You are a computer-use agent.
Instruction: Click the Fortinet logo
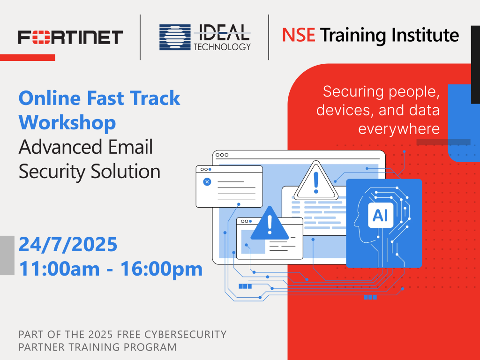[x=70, y=37]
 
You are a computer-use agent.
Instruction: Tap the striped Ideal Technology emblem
[x=175, y=37]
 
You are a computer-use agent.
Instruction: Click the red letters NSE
[x=299, y=35]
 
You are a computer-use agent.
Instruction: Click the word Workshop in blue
[x=67, y=122]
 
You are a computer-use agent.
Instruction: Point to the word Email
[x=130, y=147]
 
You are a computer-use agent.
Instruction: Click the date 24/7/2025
[x=68, y=244]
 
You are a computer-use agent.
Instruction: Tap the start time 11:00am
[x=60, y=269]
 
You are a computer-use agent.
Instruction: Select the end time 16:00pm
[x=162, y=269]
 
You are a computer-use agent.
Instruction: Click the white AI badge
[x=381, y=215]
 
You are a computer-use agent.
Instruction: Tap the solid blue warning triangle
[x=270, y=224]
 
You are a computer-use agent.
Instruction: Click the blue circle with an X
[x=207, y=182]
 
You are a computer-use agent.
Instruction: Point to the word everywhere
[x=399, y=129]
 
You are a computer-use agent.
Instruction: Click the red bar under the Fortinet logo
[x=28, y=58]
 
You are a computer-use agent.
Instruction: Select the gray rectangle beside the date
[x=7, y=255]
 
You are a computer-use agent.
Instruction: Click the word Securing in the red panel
[x=352, y=92]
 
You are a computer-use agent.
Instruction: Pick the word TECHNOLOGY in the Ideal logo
[x=222, y=47]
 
